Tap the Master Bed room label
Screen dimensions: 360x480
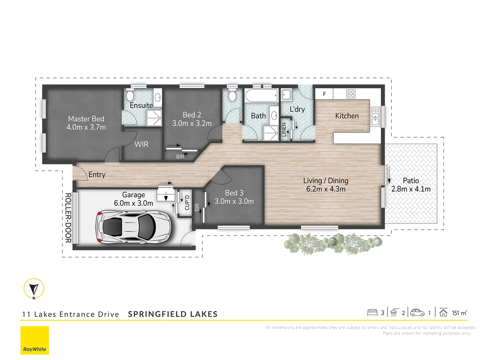86,119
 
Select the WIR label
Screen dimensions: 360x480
141,144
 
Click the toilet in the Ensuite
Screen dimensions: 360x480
130,96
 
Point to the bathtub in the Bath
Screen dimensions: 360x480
261,96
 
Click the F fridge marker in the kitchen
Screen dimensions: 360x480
324,94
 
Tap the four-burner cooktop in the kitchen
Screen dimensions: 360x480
351,94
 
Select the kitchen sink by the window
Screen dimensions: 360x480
375,117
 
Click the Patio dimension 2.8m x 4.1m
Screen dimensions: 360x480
411,189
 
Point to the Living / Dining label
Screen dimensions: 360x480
326,181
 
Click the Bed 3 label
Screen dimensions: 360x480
234,193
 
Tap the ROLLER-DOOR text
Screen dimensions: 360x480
68,218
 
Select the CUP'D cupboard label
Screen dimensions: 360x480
187,203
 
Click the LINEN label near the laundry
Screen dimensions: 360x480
284,130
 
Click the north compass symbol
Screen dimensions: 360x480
34,289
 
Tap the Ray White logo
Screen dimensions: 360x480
35,340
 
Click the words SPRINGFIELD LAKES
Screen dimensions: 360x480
173,314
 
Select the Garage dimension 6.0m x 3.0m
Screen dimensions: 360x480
133,203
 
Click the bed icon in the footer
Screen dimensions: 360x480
372,313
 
